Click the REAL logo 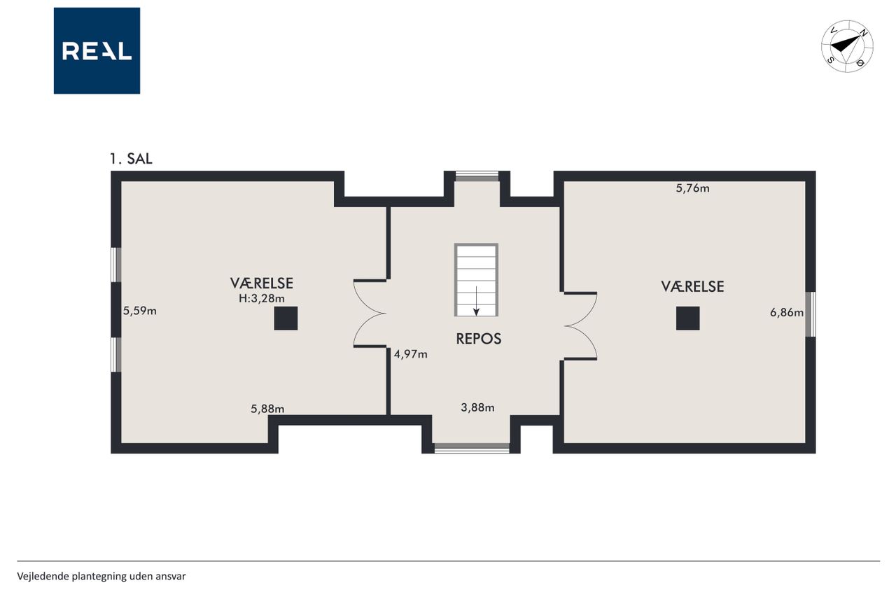coord(97,51)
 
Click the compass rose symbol coord(847,46)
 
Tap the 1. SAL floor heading coord(131,159)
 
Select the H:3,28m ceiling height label coord(262,298)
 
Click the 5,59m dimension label coord(139,311)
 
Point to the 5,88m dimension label coord(267,409)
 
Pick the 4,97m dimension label coord(411,354)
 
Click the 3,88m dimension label coord(477,407)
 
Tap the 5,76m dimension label coord(693,188)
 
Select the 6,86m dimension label coord(787,312)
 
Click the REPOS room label coord(478,339)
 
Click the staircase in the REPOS coord(476,280)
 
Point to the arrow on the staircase coord(476,301)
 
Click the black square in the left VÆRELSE coord(286,318)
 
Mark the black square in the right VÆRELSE coord(687,318)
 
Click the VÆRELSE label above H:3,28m coord(262,283)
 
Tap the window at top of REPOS coord(477,176)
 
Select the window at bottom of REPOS coord(472,448)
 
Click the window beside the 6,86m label coord(811,314)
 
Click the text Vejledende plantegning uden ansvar coord(101,576)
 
